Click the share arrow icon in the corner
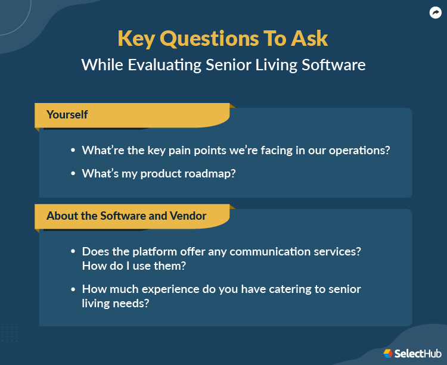click(x=435, y=13)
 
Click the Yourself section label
click(x=67, y=114)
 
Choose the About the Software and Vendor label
click(x=126, y=216)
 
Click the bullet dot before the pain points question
click(x=73, y=151)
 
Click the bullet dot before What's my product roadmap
click(x=73, y=174)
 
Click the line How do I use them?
click(x=133, y=266)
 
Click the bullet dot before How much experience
click(x=73, y=289)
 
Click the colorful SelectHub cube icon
click(x=388, y=353)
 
